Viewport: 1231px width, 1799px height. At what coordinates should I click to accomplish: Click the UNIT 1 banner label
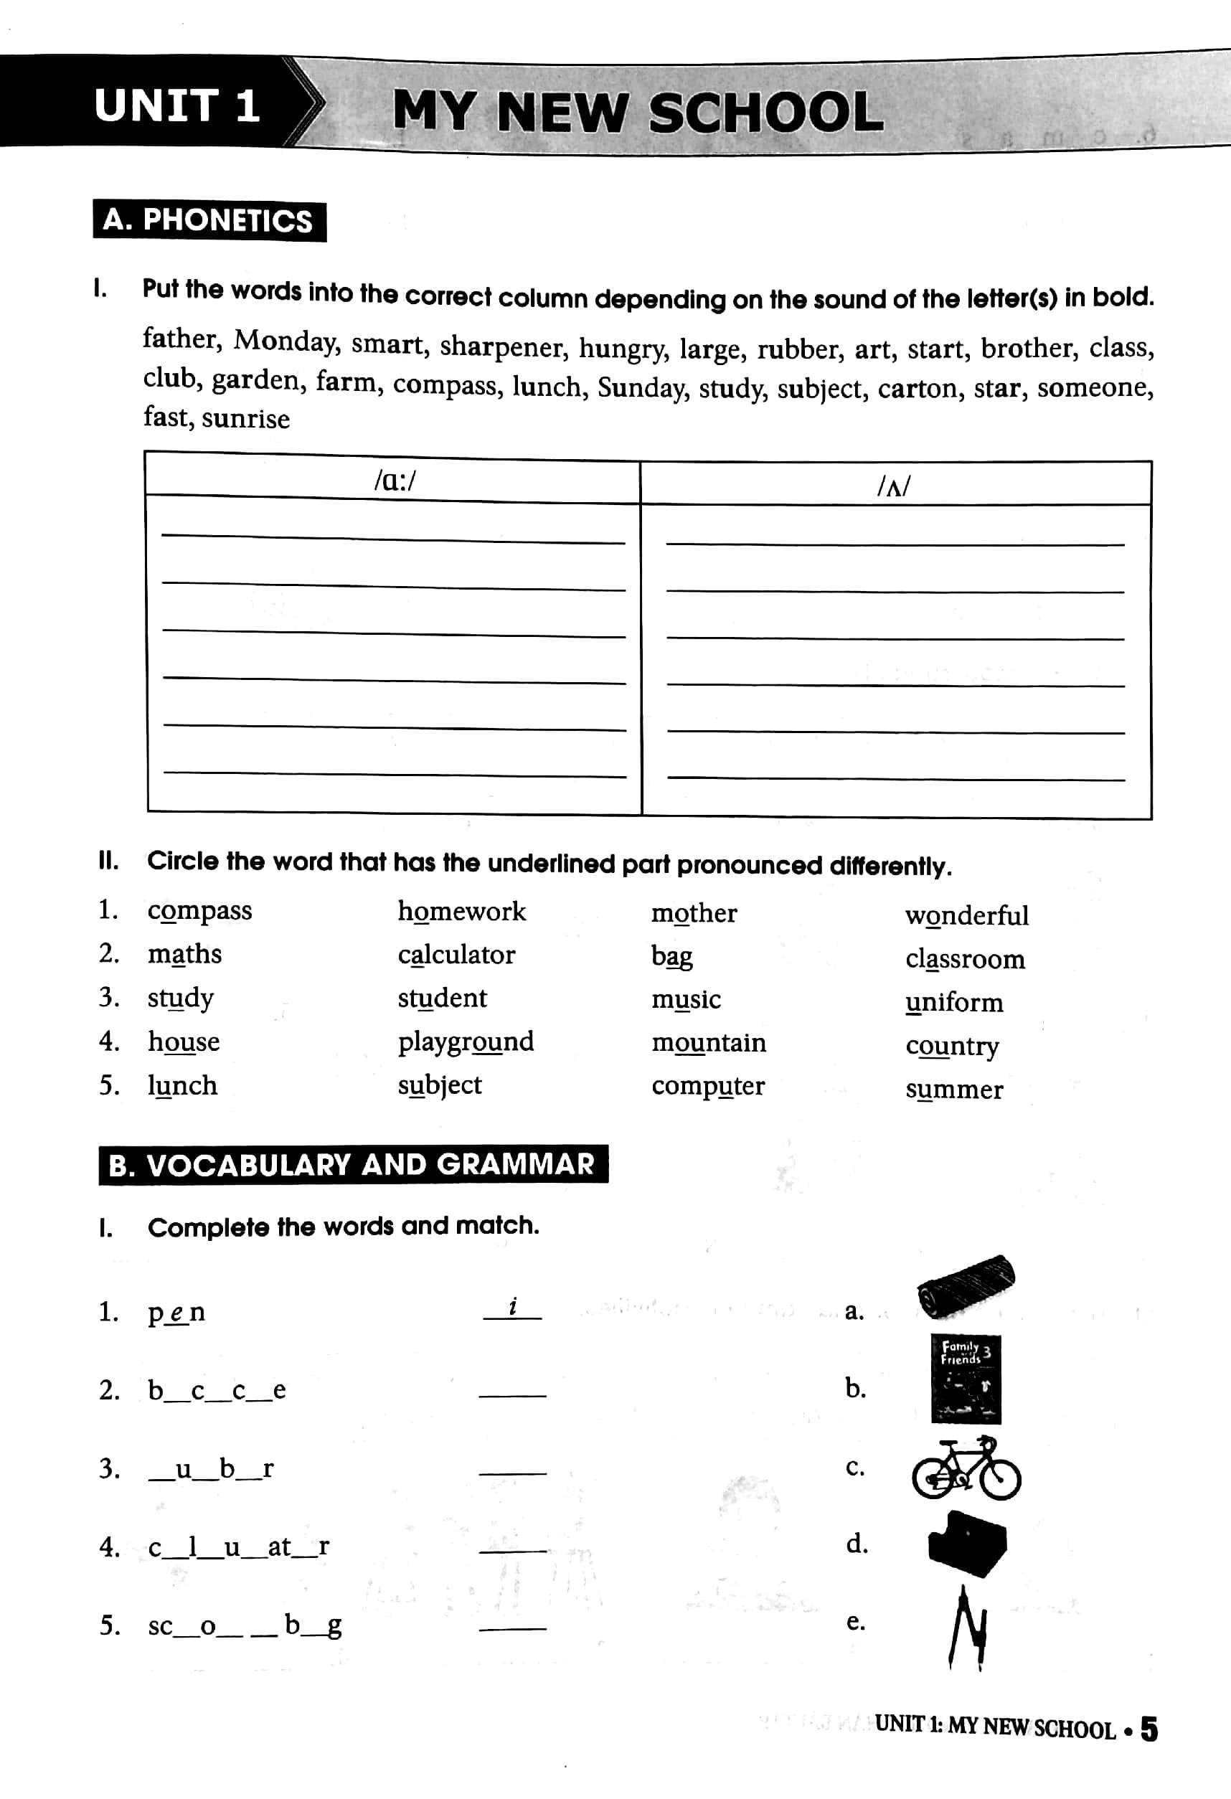[x=176, y=105]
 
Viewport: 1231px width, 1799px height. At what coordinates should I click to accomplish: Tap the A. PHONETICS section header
[x=209, y=222]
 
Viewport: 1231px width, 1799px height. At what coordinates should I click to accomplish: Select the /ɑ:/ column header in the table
[x=394, y=481]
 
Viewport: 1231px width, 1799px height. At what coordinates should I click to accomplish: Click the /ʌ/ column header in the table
[x=895, y=486]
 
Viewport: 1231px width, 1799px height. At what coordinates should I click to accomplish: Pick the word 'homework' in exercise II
[x=461, y=912]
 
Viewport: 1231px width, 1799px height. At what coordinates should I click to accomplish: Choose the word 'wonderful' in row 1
[x=966, y=916]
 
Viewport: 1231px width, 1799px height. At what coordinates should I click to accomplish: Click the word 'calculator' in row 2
[x=456, y=955]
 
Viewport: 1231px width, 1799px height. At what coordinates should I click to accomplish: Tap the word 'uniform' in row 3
[x=954, y=1003]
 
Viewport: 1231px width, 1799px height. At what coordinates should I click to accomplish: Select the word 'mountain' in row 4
[x=709, y=1043]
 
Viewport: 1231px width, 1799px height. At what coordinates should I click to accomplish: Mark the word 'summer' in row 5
[x=954, y=1089]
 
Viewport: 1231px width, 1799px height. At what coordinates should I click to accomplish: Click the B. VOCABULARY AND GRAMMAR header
[x=352, y=1164]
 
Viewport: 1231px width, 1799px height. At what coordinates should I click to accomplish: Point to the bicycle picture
[x=966, y=1468]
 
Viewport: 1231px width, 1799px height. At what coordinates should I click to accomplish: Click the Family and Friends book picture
[x=966, y=1379]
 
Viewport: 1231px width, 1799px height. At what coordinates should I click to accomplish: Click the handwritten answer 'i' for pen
[x=512, y=1308]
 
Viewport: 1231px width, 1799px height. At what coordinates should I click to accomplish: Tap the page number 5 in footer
[x=1149, y=1729]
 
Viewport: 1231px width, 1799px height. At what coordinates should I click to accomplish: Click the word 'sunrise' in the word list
[x=245, y=419]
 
